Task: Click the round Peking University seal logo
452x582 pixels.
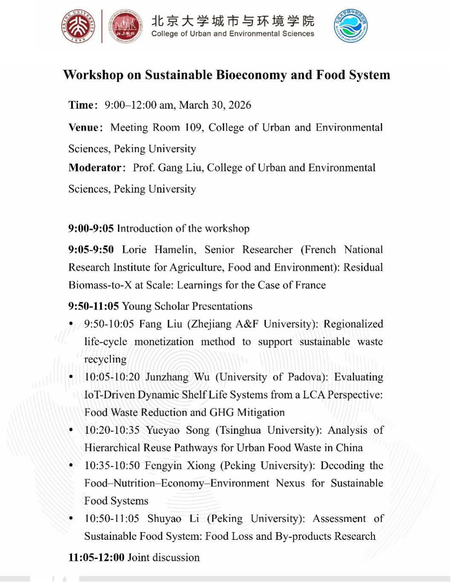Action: click(78, 26)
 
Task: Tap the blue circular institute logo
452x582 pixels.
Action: click(351, 26)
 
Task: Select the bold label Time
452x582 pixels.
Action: click(81, 105)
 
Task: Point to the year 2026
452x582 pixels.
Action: click(240, 105)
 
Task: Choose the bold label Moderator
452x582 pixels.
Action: click(95, 168)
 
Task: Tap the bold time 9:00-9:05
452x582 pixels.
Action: click(91, 229)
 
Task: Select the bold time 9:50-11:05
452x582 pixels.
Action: click(93, 306)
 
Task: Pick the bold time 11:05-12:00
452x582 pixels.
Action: click(96, 557)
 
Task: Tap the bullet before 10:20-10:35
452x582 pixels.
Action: click(71, 430)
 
